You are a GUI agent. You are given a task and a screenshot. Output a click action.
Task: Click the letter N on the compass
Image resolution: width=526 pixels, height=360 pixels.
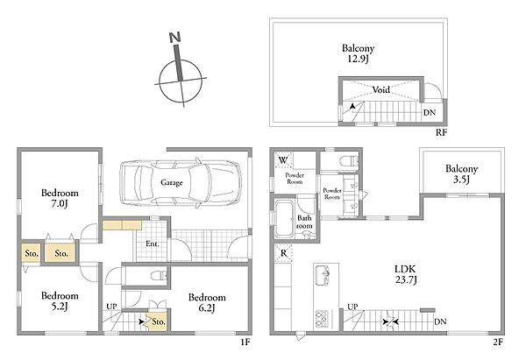(174, 37)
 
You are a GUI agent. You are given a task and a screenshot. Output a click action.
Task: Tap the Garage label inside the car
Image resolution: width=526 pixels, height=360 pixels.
(172, 183)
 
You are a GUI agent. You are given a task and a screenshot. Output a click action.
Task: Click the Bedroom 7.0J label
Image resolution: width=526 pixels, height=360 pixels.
(60, 198)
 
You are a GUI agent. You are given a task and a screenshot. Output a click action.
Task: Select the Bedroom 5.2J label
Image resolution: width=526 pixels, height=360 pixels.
(60, 300)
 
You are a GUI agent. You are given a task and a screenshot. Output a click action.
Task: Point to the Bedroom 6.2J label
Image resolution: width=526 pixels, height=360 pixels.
(207, 302)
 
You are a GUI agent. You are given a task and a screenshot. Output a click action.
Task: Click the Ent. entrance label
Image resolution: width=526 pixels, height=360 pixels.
(153, 244)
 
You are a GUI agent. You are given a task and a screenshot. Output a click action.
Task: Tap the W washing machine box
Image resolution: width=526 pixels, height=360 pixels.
(283, 160)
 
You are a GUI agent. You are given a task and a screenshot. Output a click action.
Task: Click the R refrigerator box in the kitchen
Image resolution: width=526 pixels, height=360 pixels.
(283, 253)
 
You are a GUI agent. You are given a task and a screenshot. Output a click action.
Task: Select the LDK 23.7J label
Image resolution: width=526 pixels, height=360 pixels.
(406, 274)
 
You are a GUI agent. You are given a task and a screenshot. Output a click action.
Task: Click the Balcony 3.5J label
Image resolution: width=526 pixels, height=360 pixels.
(461, 173)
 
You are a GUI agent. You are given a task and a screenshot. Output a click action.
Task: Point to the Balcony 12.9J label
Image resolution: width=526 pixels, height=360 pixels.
(358, 53)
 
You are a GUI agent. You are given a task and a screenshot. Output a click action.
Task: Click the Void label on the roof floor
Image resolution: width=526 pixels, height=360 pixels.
(381, 89)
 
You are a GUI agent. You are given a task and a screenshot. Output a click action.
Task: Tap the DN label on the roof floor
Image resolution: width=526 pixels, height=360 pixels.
(430, 113)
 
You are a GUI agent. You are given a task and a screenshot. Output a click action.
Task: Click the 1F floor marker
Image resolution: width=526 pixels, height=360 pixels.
(245, 342)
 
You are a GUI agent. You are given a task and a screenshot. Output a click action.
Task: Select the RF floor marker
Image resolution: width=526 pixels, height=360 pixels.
(442, 132)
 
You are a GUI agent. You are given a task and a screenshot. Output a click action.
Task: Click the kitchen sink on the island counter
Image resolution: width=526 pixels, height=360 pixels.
(323, 276)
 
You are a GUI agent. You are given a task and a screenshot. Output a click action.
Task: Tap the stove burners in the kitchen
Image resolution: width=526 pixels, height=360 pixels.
(321, 319)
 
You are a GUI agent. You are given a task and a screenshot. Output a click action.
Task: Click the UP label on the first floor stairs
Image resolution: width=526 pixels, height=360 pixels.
(111, 307)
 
